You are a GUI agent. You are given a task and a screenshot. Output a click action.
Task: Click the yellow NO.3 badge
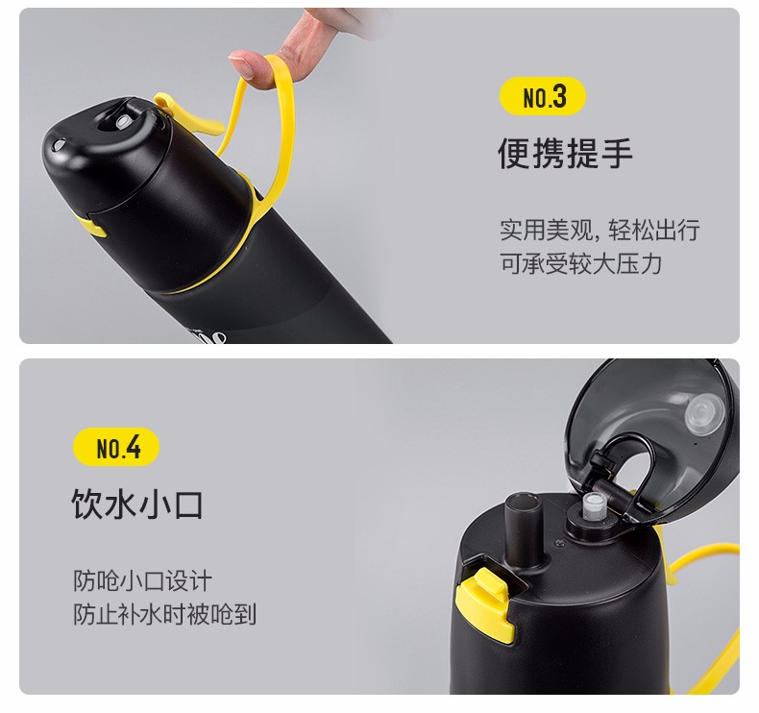point(543,96)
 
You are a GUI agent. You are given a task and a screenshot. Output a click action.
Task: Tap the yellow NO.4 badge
point(116,447)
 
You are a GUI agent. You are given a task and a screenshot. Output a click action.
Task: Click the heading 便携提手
point(565,153)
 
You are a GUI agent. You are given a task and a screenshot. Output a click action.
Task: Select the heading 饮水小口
point(137,504)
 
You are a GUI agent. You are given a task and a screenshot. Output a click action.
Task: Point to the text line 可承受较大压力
point(581,264)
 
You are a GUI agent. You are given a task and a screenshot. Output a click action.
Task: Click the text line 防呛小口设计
point(142,580)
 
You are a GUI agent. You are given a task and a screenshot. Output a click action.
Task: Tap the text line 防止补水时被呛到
point(164,614)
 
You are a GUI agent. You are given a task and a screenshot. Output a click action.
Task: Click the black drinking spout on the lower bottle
point(524,530)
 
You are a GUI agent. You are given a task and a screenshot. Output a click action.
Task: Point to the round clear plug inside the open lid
point(704,412)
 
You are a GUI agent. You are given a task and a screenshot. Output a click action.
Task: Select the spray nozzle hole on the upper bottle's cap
point(121,121)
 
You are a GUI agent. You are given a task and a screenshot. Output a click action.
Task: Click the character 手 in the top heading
point(617,153)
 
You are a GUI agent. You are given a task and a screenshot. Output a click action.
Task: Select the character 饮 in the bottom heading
point(87,504)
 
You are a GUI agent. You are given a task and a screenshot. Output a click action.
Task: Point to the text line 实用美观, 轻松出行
point(600,230)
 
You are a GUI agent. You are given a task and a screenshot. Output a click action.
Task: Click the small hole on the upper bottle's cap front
point(59,144)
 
